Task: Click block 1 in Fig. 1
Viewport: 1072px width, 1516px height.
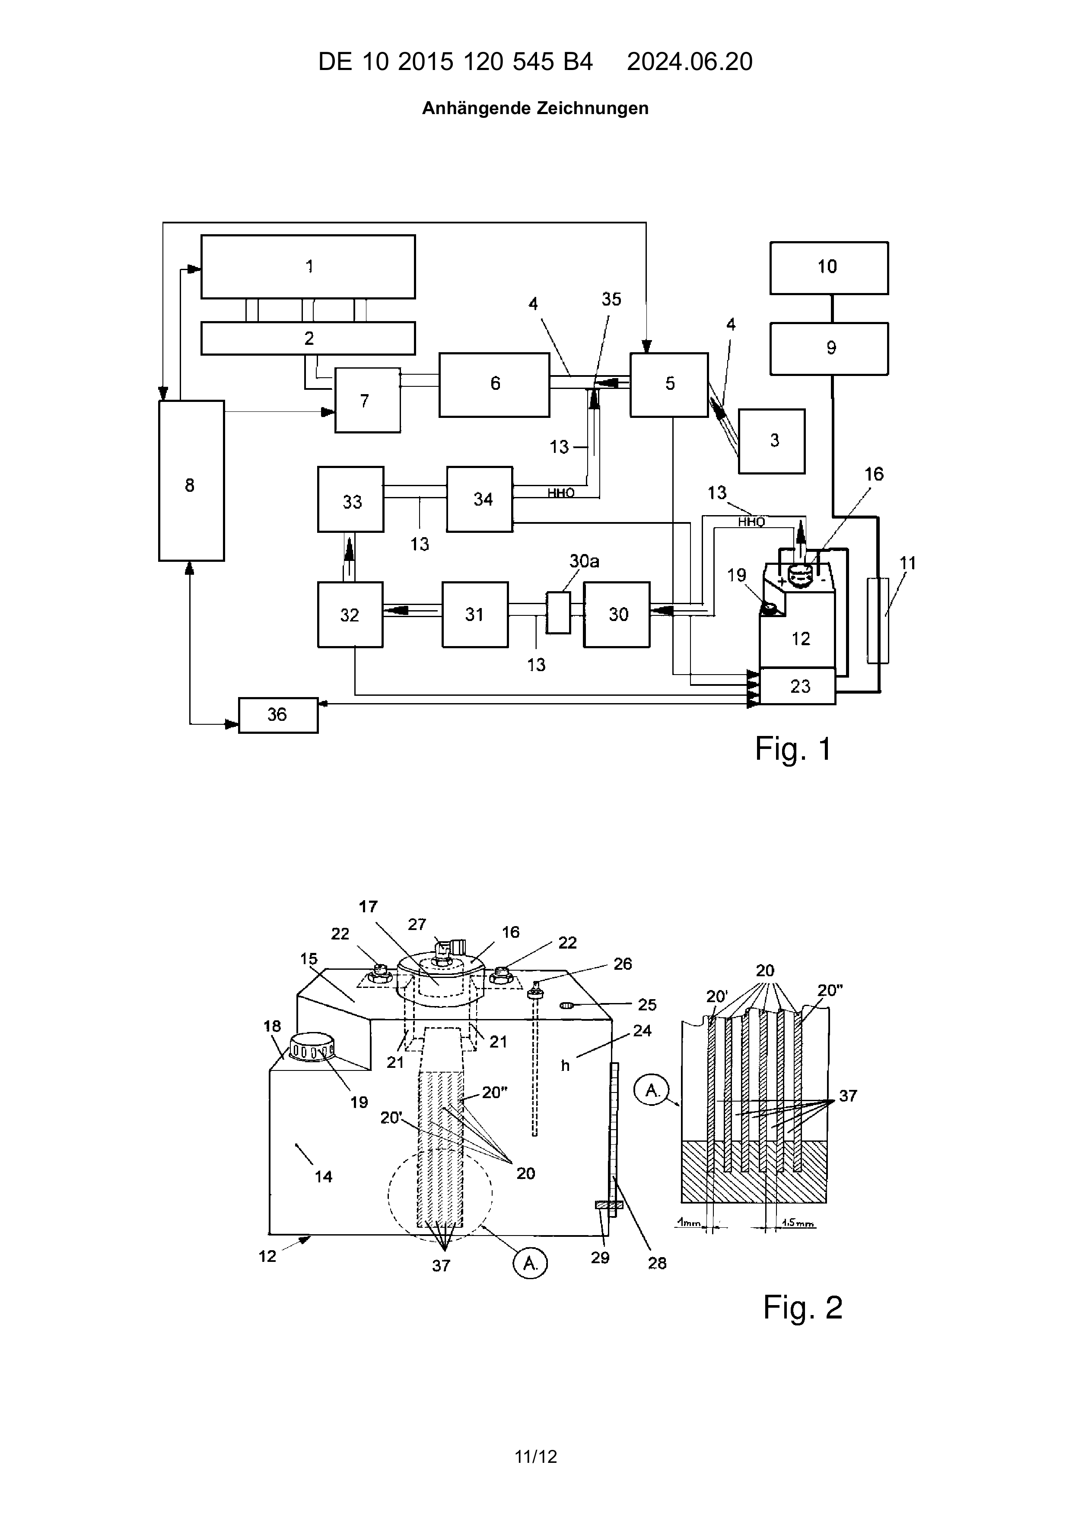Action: [308, 267]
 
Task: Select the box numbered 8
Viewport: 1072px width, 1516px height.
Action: [191, 481]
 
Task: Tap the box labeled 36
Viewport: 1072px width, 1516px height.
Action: [278, 715]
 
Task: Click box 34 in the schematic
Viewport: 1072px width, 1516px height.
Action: [480, 499]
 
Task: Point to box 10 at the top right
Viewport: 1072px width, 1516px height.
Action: [829, 268]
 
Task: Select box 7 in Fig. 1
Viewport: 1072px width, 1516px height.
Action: [368, 400]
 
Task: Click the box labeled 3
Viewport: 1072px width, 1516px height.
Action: [772, 441]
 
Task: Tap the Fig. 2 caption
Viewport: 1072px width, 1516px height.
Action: [803, 1307]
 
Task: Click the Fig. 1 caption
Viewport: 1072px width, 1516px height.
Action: [793, 749]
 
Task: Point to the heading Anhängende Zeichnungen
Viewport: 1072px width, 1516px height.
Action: [535, 108]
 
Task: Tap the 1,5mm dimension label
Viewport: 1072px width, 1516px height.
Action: [797, 1223]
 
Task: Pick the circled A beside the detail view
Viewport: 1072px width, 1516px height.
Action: [652, 1091]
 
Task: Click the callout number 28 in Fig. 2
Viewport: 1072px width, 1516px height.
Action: [657, 1263]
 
